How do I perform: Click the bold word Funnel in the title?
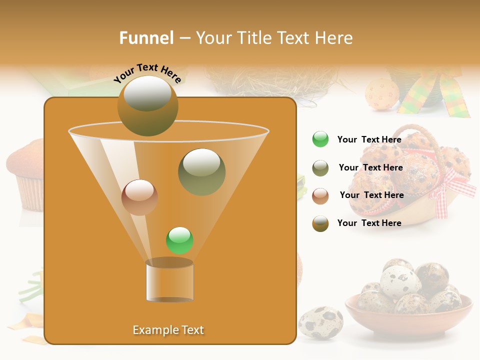146,38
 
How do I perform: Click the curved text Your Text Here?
147,73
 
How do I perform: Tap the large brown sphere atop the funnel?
147,105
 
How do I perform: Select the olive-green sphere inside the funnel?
201,172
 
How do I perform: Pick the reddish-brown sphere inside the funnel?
139,197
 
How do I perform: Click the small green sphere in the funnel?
179,240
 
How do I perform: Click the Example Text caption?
168,330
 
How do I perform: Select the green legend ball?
320,139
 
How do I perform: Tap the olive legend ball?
320,168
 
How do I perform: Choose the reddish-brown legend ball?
320,195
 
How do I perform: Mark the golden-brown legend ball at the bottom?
320,223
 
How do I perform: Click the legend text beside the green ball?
369,140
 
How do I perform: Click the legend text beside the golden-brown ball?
369,223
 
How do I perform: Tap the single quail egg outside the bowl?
320,322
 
